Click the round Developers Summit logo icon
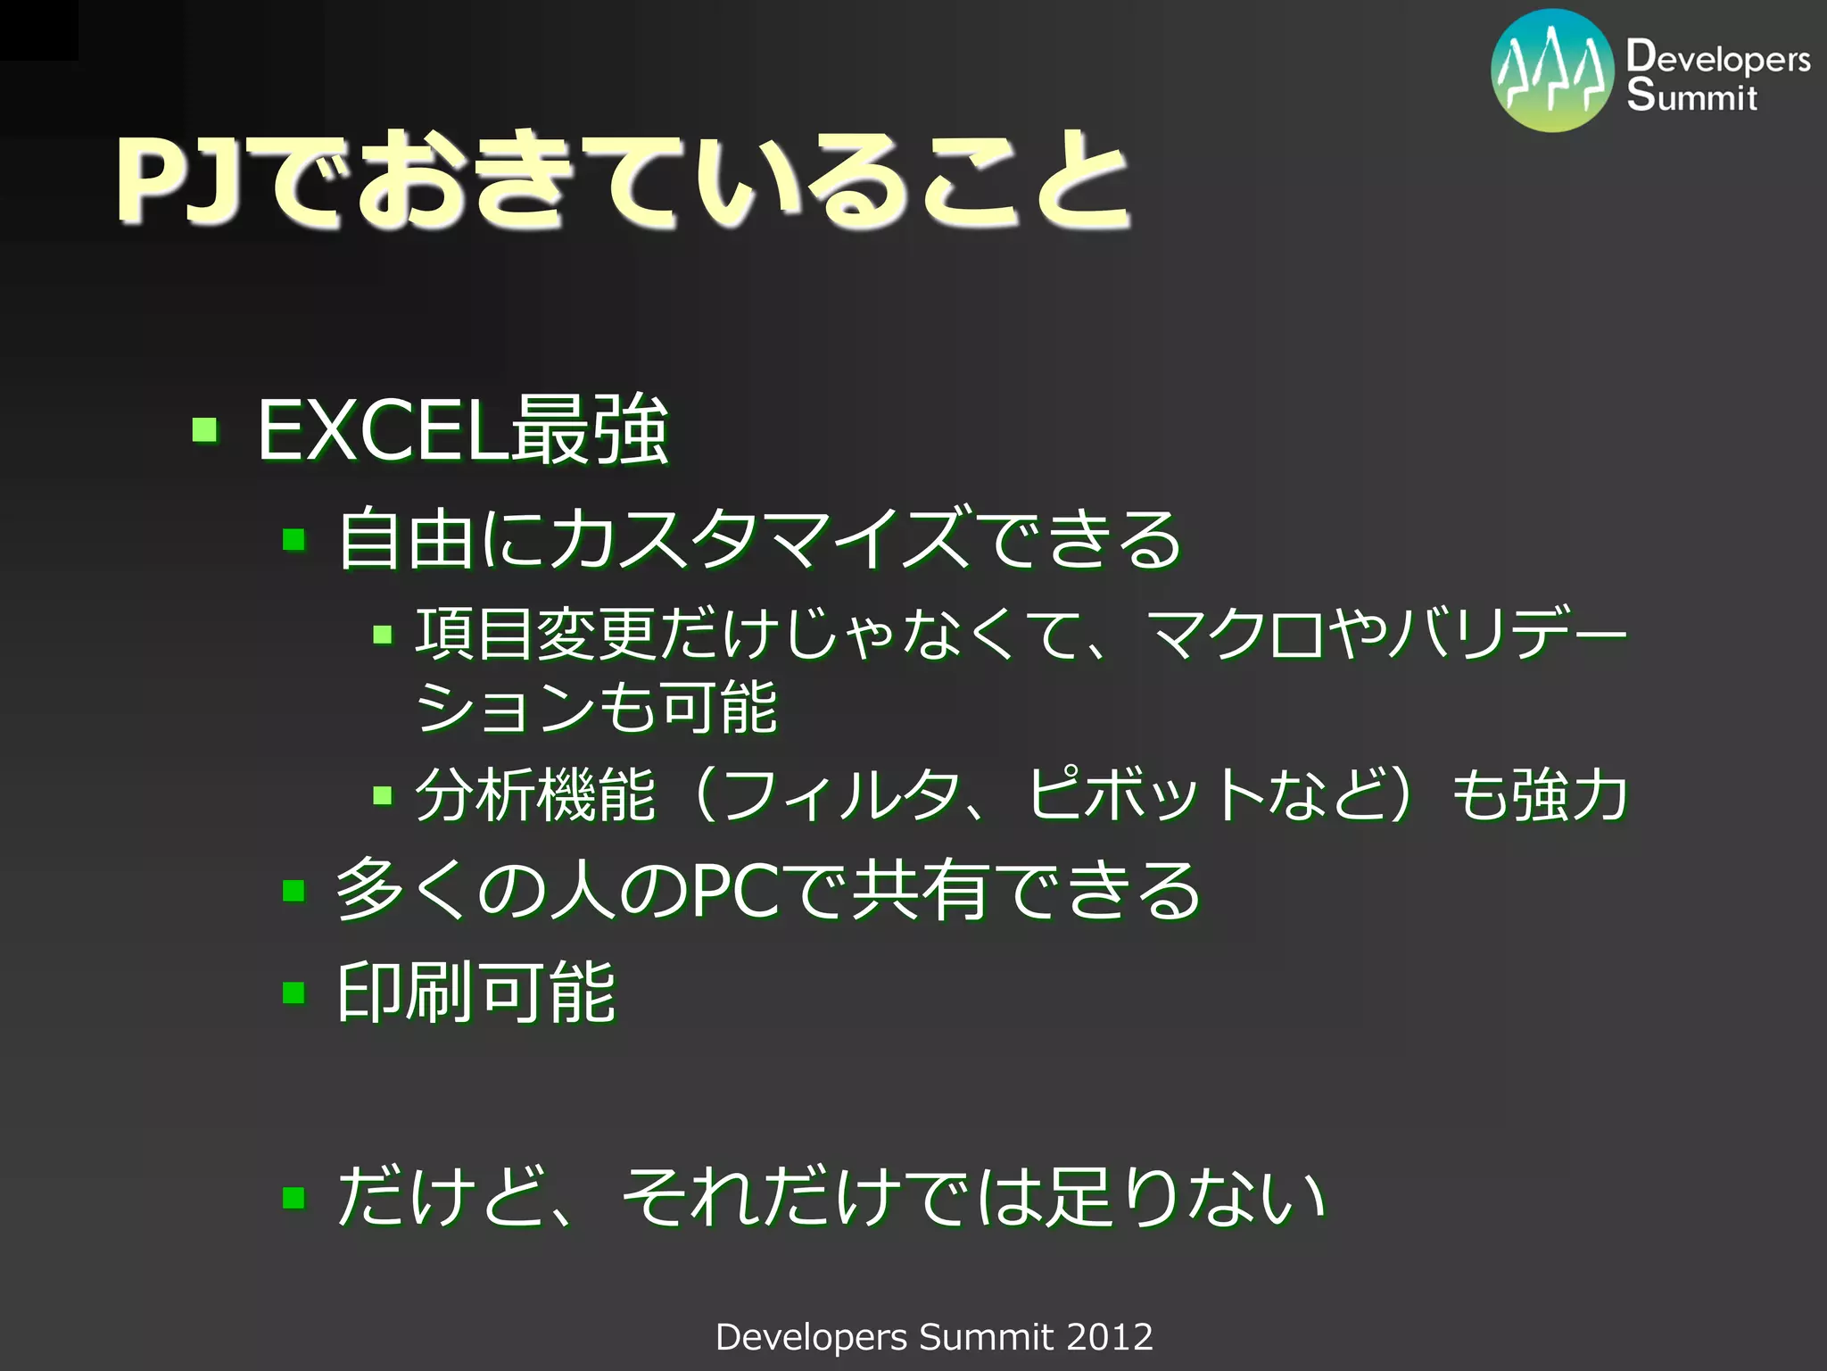coord(1552,71)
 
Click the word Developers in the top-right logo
coord(1718,57)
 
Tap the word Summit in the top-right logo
coord(1691,95)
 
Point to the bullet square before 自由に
coord(294,539)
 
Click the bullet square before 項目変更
coord(383,635)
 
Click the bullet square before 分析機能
coord(383,794)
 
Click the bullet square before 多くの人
coord(294,890)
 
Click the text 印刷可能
coord(476,993)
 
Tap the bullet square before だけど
coord(294,1197)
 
